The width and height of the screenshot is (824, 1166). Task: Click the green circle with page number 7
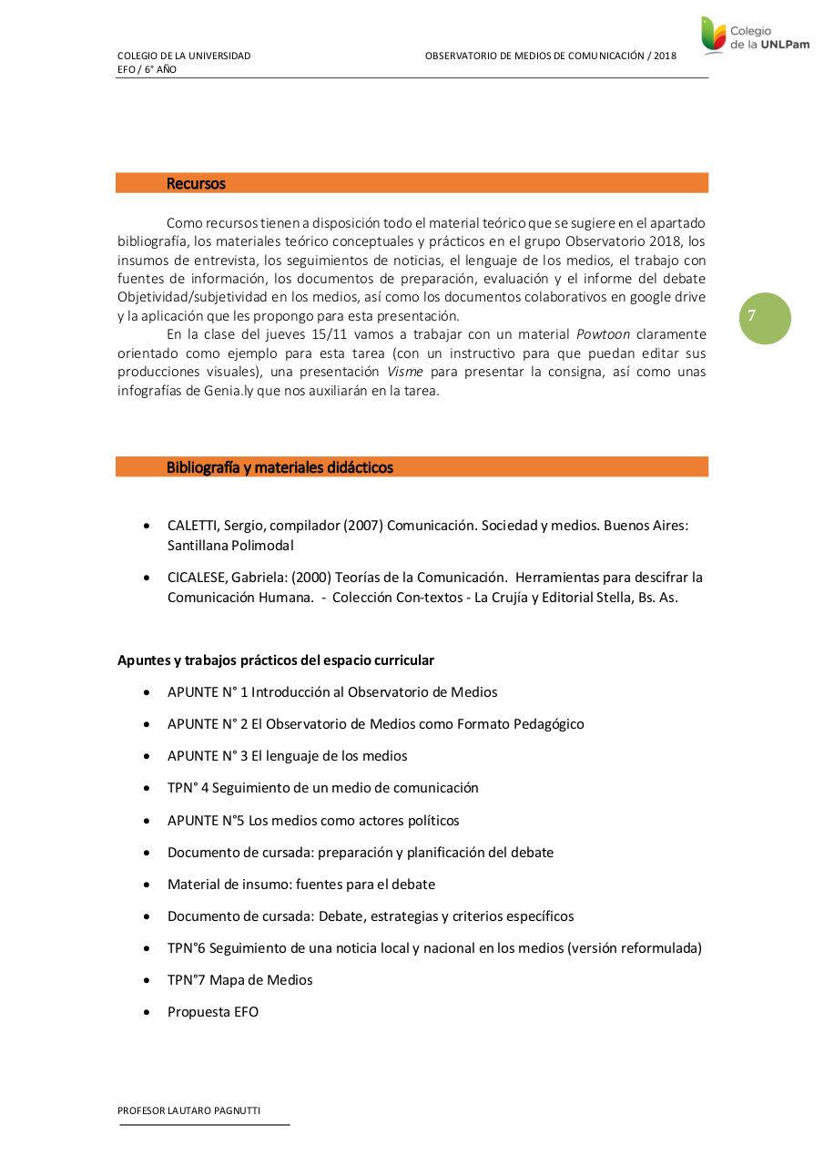[x=765, y=318]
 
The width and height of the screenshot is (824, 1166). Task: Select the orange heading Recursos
[x=196, y=183]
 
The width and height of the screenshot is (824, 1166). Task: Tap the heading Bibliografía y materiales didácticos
[x=280, y=467]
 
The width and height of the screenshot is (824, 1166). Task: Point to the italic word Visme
[x=405, y=372]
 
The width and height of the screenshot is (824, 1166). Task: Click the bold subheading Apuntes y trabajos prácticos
[x=276, y=660]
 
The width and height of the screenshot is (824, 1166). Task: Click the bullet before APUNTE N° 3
[x=148, y=756]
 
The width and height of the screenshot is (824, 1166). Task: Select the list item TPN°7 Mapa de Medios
[x=239, y=980]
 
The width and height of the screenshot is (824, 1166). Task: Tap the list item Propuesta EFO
[x=213, y=1012]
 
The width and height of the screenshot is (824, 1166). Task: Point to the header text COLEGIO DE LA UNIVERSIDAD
[x=184, y=56]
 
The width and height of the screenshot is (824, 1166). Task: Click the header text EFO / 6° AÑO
[x=147, y=69]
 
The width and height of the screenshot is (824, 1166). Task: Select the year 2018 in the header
[x=665, y=56]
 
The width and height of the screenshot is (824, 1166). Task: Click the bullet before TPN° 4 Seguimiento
[x=148, y=788]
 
